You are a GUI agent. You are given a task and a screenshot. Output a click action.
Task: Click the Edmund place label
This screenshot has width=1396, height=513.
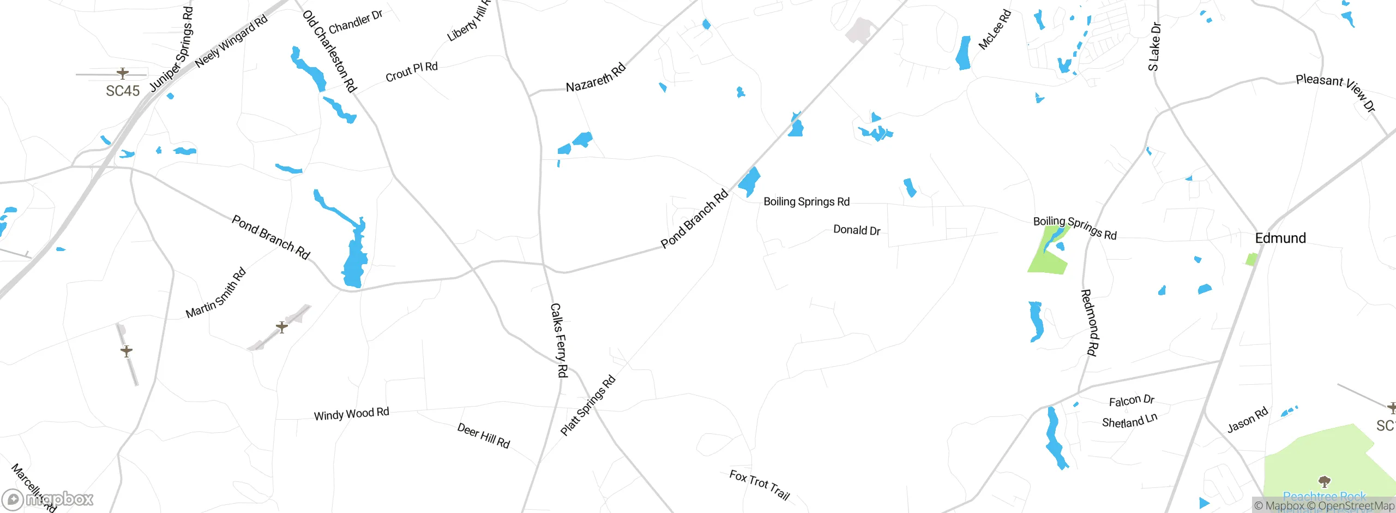click(x=1280, y=238)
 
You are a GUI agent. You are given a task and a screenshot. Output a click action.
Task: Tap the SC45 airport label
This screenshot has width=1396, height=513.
click(x=123, y=91)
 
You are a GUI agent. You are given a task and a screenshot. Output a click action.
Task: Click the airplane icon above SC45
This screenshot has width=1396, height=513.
click(x=123, y=73)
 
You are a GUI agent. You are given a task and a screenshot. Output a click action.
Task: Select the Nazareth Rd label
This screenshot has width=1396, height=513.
click(x=595, y=79)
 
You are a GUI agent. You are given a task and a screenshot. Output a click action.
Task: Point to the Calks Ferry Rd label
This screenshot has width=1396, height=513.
click(x=559, y=340)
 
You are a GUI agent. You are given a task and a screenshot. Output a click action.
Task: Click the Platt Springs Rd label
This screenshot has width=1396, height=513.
click(x=588, y=405)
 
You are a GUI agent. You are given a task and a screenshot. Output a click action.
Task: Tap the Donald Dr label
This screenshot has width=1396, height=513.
click(x=857, y=230)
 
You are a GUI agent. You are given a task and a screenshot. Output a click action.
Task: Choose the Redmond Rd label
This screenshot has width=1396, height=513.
click(x=1090, y=323)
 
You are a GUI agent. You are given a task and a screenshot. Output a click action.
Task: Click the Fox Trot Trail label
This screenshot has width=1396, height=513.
click(x=760, y=485)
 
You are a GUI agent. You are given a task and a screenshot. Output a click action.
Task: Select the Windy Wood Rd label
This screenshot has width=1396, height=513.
click(x=351, y=414)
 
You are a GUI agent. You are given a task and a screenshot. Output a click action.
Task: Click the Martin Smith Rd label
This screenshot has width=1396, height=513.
click(x=216, y=293)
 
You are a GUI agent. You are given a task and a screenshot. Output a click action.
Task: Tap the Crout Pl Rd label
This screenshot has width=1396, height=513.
click(x=411, y=71)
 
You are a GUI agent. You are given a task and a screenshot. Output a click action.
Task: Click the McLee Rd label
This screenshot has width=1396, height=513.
click(x=995, y=29)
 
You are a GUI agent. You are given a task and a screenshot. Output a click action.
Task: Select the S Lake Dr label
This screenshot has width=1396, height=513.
click(x=1154, y=47)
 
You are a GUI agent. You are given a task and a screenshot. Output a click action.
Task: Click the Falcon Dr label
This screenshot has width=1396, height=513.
click(x=1132, y=401)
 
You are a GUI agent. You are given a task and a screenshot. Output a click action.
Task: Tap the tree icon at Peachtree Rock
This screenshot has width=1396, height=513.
click(x=1324, y=481)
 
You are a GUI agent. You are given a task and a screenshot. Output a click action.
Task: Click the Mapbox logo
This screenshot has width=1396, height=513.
click(x=48, y=499)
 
